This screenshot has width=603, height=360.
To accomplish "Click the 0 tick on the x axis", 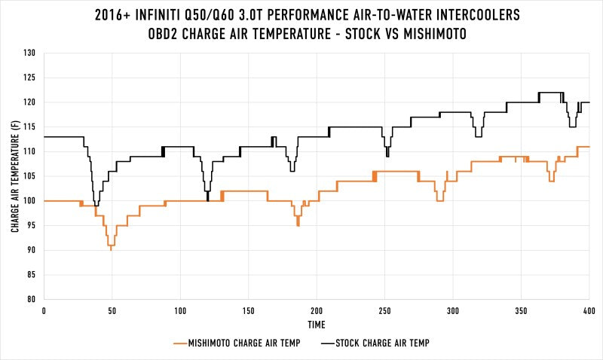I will point(44,310).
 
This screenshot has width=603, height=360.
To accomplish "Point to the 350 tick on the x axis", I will point(521,310).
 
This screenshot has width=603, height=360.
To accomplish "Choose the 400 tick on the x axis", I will point(589,310).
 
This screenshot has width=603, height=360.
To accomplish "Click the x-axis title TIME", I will point(317,325).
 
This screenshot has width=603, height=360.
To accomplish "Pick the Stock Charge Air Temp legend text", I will point(385,343).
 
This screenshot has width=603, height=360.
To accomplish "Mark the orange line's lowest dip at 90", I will point(111,249).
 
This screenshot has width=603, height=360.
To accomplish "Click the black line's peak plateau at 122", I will point(549,93).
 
